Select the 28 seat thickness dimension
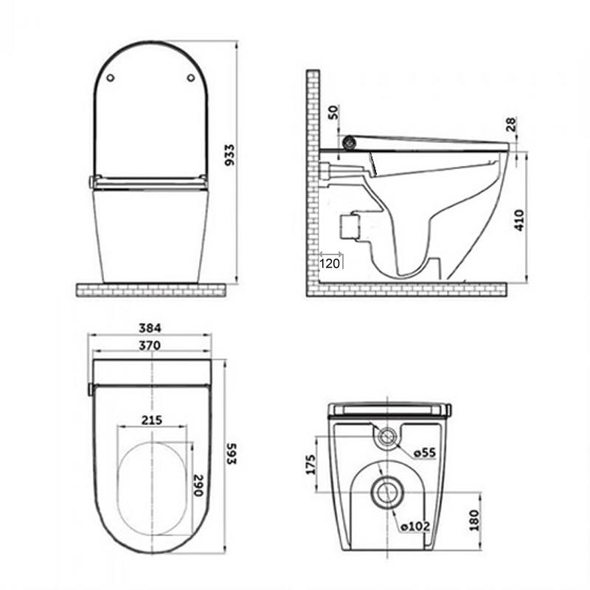coord(512,122)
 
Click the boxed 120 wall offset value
coord(330,262)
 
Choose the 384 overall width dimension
coord(149,327)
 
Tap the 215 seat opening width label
coord(153,420)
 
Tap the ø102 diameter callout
coord(414,527)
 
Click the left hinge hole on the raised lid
coord(110,77)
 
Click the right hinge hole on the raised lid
coord(190,77)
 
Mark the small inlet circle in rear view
coord(385,437)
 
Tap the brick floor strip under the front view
coord(150,289)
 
